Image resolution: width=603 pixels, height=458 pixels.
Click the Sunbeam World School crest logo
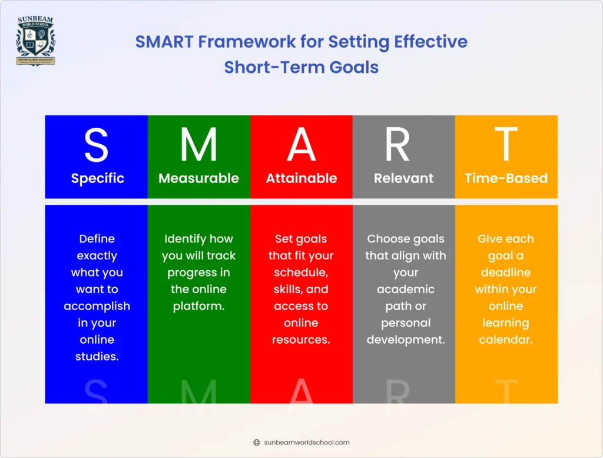[35, 41]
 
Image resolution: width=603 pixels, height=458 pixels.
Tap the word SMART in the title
[164, 42]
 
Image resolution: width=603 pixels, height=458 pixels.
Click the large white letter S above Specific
[96, 145]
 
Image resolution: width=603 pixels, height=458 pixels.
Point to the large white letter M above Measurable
[198, 145]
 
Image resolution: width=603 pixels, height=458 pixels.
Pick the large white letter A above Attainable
[301, 145]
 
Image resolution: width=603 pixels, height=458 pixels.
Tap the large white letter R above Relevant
[397, 145]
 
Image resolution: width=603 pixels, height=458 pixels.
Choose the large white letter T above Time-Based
[506, 145]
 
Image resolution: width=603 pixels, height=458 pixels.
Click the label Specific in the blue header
[97, 178]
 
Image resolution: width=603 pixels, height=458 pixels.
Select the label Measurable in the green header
[198, 178]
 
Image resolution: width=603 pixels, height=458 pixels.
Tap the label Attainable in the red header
[301, 178]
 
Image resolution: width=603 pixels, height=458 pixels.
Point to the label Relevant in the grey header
[403, 178]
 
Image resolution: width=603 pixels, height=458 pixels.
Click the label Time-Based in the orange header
[506, 178]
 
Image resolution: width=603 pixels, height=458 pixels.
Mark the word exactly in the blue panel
[97, 256]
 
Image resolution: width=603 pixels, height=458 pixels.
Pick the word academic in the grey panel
[405, 290]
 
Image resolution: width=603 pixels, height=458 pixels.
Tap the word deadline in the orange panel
[505, 273]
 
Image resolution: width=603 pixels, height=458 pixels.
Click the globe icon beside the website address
[256, 443]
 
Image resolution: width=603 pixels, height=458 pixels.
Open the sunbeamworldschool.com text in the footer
[307, 443]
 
